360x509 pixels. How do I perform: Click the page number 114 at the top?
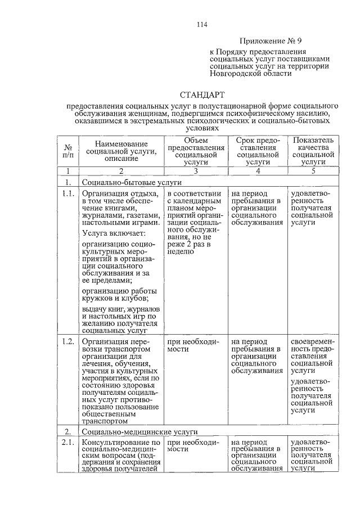(x=202, y=24)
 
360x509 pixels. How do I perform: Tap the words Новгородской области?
(x=251, y=73)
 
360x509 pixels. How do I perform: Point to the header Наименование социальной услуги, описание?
(x=120, y=150)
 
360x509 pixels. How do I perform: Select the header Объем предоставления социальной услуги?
(x=195, y=150)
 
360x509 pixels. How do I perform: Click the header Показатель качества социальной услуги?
(x=313, y=150)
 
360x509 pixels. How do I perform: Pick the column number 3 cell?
(x=195, y=170)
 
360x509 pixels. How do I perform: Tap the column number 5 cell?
(x=313, y=170)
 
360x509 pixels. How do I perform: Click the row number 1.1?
(x=68, y=193)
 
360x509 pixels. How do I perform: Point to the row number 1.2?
(x=68, y=341)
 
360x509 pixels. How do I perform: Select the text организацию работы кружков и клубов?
(x=119, y=295)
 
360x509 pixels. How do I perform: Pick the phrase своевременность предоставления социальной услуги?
(x=312, y=356)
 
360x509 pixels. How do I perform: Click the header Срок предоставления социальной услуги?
(x=257, y=150)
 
